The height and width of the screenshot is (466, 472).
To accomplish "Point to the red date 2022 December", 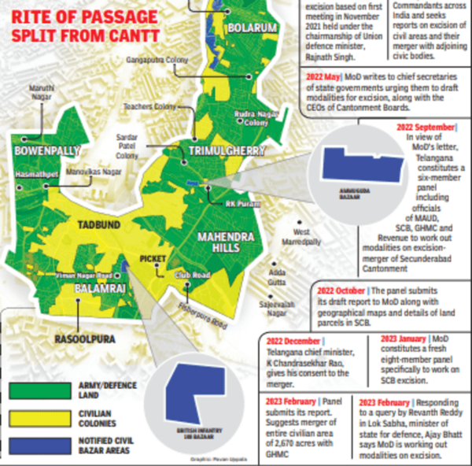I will click(293, 341).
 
